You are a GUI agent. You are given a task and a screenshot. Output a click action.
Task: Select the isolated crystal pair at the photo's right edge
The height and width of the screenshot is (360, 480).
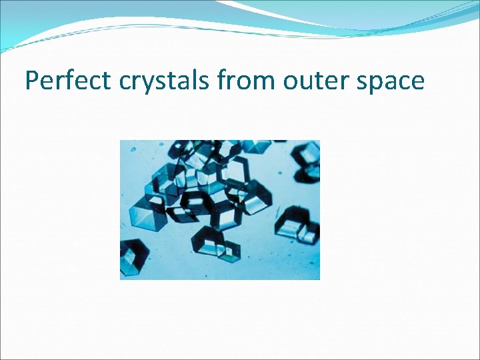click(298, 225)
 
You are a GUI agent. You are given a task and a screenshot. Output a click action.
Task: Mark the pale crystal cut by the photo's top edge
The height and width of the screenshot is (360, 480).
click(256, 145)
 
